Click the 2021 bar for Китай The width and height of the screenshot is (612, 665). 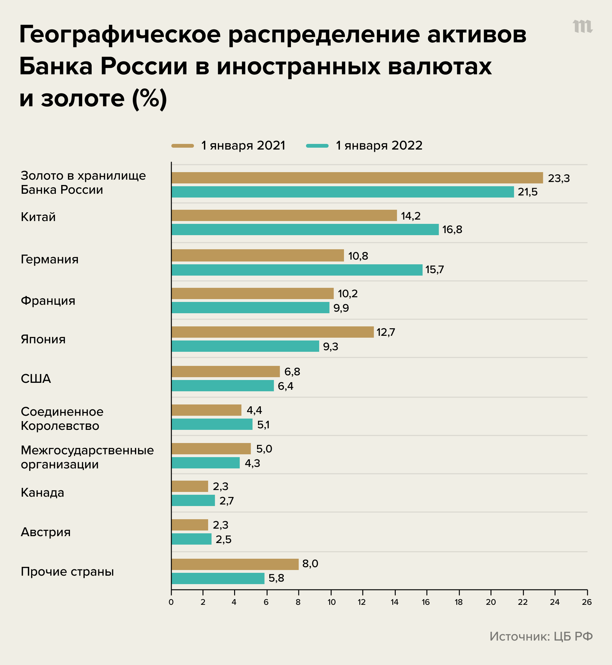point(284,215)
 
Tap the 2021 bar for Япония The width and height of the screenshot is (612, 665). point(272,332)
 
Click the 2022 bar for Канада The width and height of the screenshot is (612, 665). point(193,500)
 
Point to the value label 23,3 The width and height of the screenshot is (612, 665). point(559,178)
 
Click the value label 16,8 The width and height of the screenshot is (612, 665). point(452,230)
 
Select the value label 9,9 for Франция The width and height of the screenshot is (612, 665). point(341,308)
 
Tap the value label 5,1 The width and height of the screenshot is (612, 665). point(263,425)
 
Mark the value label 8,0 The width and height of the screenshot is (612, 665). point(310,563)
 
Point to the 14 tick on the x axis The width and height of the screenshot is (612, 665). point(394,602)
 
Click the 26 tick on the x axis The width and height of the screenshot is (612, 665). point(587,602)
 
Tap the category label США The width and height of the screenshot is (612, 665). point(36,378)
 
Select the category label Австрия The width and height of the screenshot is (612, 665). point(46,532)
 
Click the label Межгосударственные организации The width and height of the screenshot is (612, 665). point(87,457)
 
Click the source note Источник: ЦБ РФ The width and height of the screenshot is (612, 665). point(541,636)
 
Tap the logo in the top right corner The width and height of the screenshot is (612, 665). point(582,26)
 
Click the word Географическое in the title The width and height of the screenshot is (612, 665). point(120,35)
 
